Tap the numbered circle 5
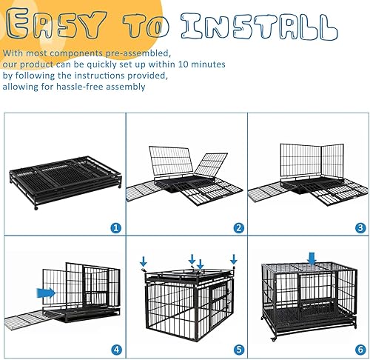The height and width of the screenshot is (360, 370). [x=238, y=349]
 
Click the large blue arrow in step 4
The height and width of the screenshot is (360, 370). [x=47, y=294]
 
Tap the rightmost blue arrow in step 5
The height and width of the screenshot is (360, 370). [x=234, y=259]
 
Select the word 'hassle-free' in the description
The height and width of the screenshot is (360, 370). [x=93, y=86]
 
